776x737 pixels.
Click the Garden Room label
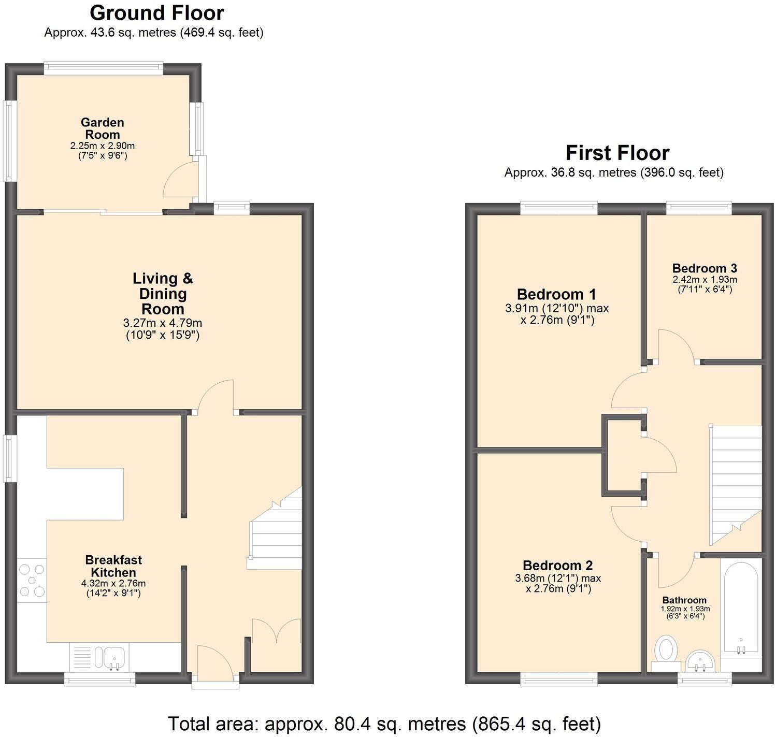(x=103, y=128)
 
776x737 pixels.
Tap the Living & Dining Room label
(x=163, y=294)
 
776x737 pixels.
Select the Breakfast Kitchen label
(x=113, y=566)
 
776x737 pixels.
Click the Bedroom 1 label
(x=556, y=294)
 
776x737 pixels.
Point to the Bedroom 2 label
(x=557, y=566)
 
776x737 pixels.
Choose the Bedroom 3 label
(x=704, y=268)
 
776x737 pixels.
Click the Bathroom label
(x=684, y=600)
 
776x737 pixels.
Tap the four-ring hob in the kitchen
(x=32, y=581)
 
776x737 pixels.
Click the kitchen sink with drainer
(x=99, y=657)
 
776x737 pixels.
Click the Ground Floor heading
(x=156, y=12)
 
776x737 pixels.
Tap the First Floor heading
(x=617, y=153)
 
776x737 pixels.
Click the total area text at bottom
(x=384, y=722)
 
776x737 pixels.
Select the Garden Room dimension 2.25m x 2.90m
(x=103, y=146)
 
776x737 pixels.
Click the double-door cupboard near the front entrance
(x=276, y=645)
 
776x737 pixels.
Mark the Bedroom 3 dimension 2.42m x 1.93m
(x=705, y=280)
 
